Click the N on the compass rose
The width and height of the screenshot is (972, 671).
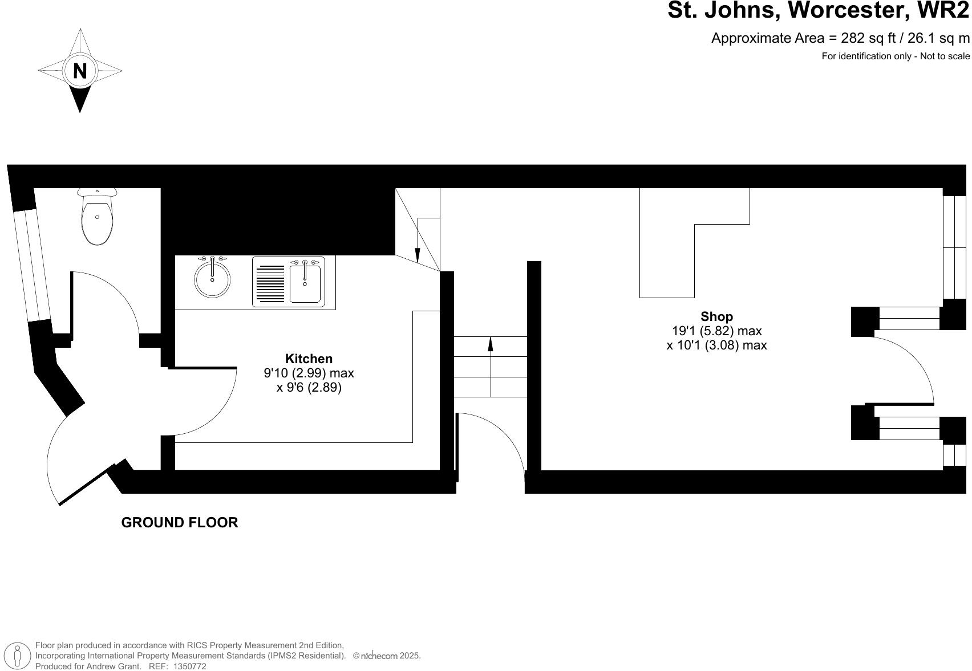(x=80, y=71)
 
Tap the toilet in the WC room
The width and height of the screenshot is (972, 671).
(x=97, y=218)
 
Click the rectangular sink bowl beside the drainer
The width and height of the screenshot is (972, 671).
(x=305, y=283)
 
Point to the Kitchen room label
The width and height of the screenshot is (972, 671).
(x=309, y=359)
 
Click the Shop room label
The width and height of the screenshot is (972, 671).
(x=716, y=316)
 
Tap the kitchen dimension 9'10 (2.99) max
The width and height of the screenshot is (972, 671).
(x=309, y=373)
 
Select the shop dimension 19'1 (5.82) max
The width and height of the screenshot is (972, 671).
(x=716, y=331)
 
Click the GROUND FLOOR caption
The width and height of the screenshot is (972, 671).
(x=180, y=522)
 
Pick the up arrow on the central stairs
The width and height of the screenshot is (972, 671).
(x=491, y=345)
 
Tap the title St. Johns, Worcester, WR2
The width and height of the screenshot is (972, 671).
(x=818, y=10)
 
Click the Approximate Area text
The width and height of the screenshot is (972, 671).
(x=840, y=38)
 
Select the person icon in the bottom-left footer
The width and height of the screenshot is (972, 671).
(x=18, y=656)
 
